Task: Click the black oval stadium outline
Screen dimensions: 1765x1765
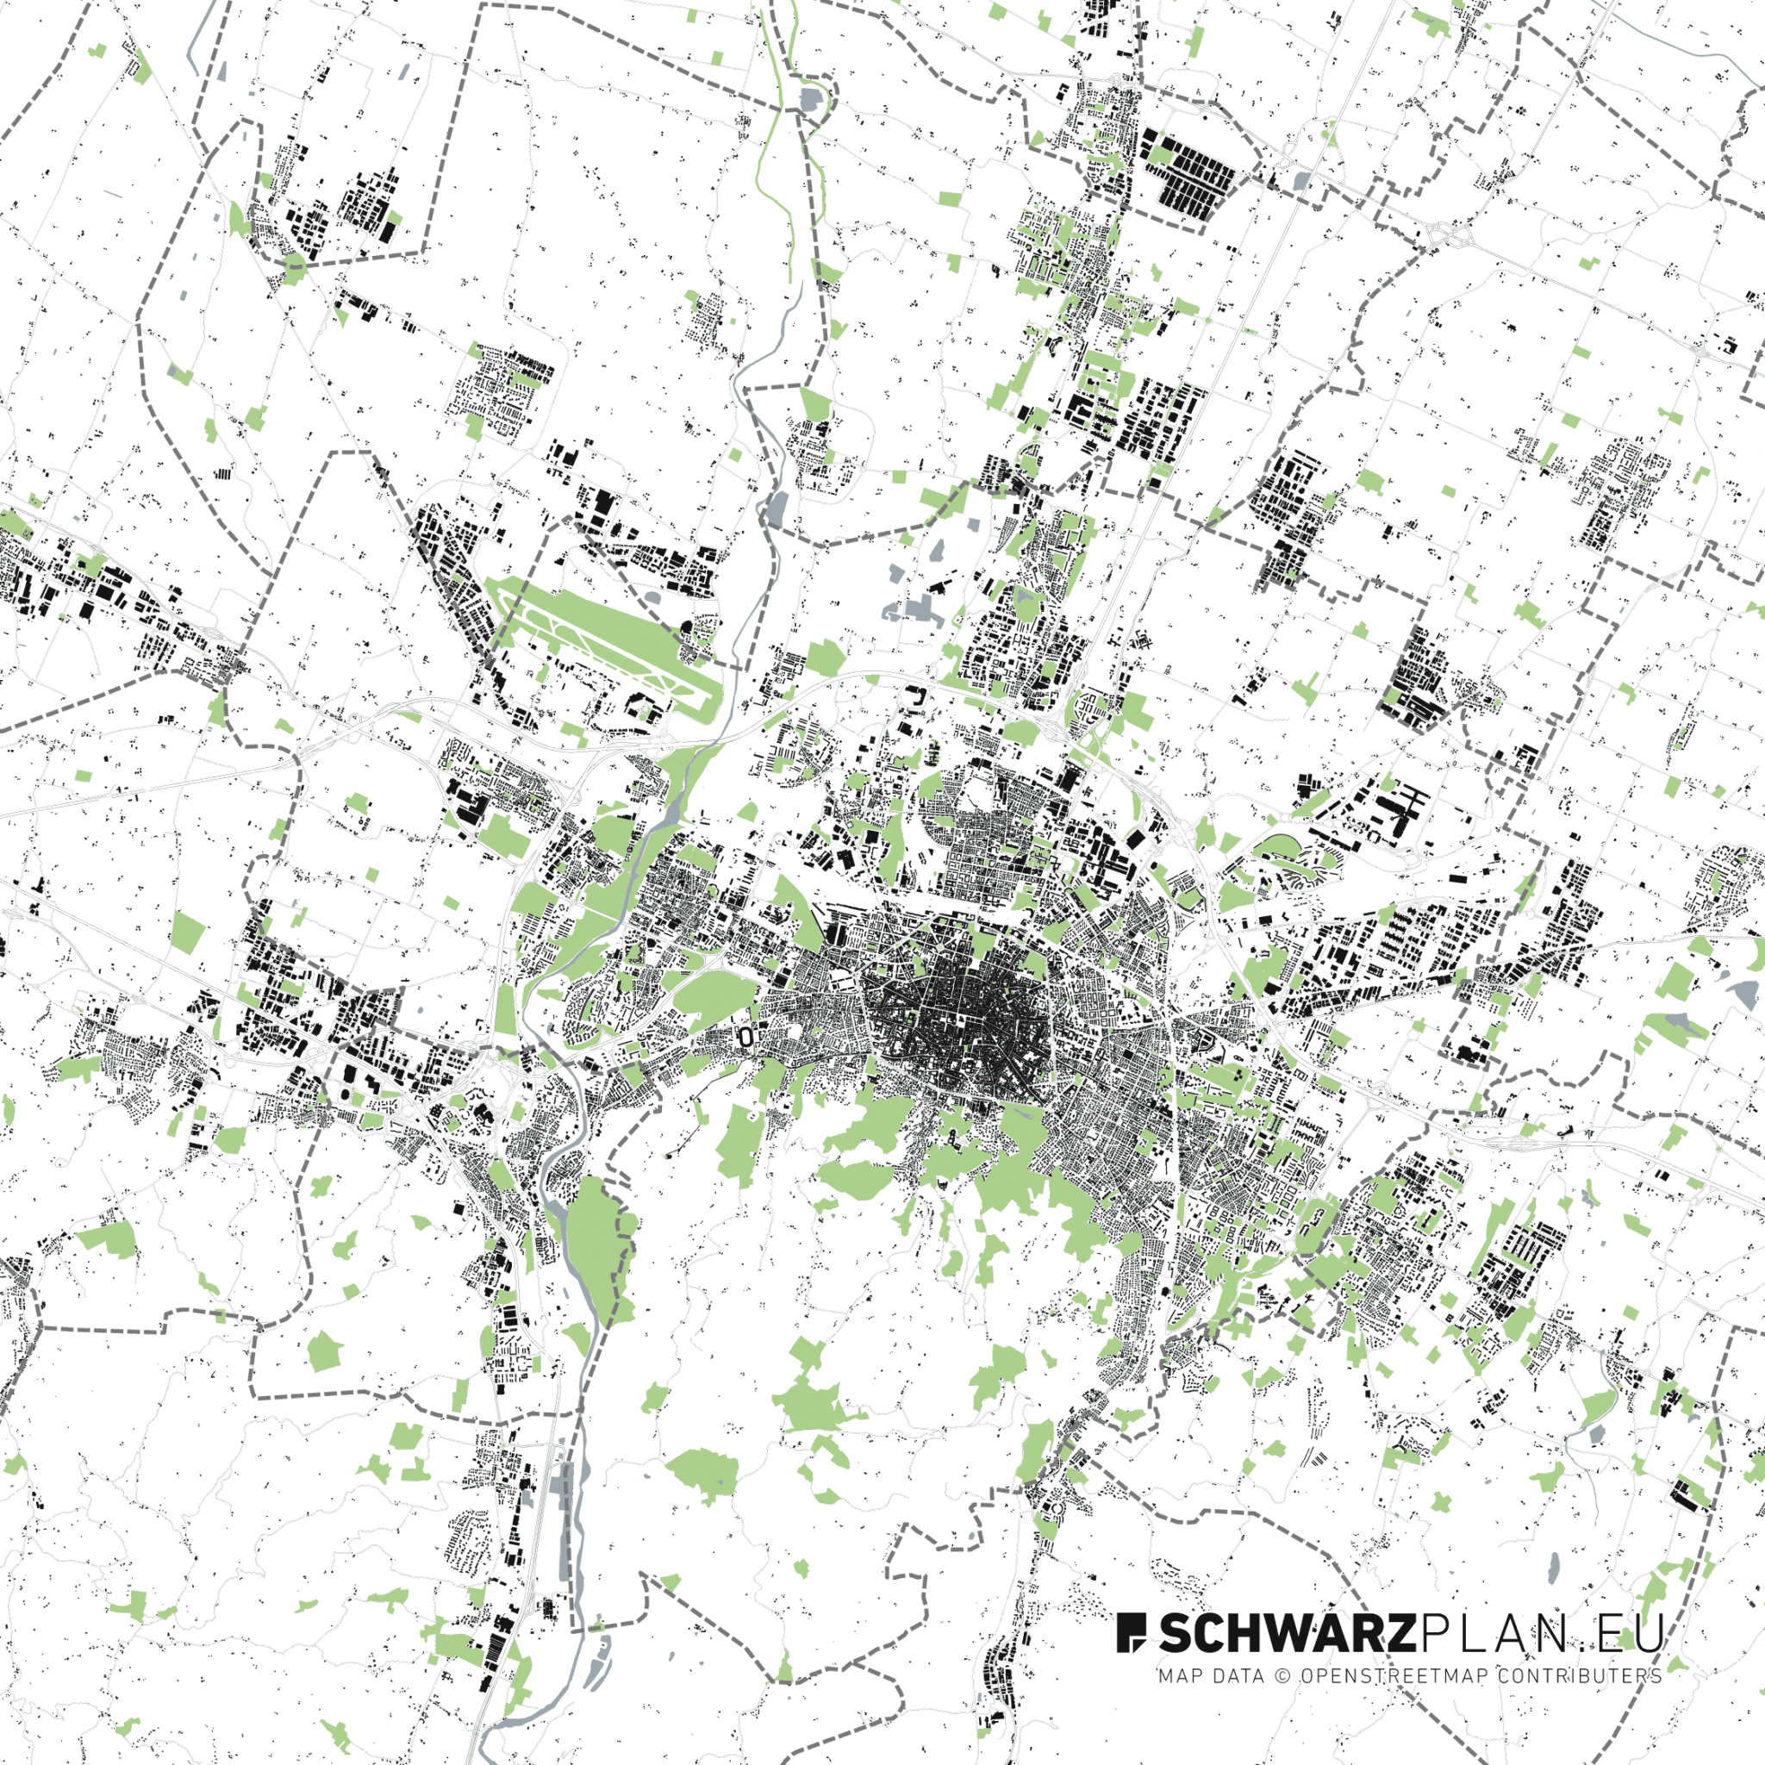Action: (x=746, y=1036)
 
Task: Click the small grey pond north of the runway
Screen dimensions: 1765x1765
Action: (x=652, y=598)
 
